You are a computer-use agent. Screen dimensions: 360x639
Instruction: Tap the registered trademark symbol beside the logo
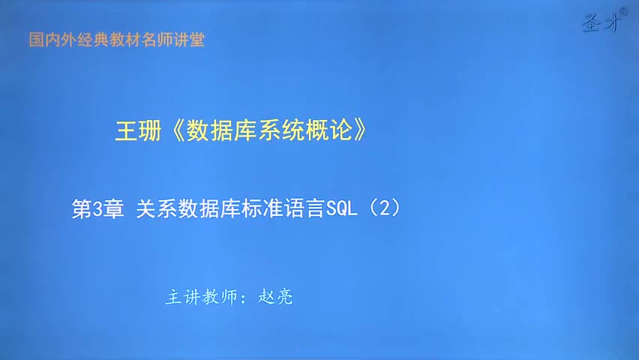624,13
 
